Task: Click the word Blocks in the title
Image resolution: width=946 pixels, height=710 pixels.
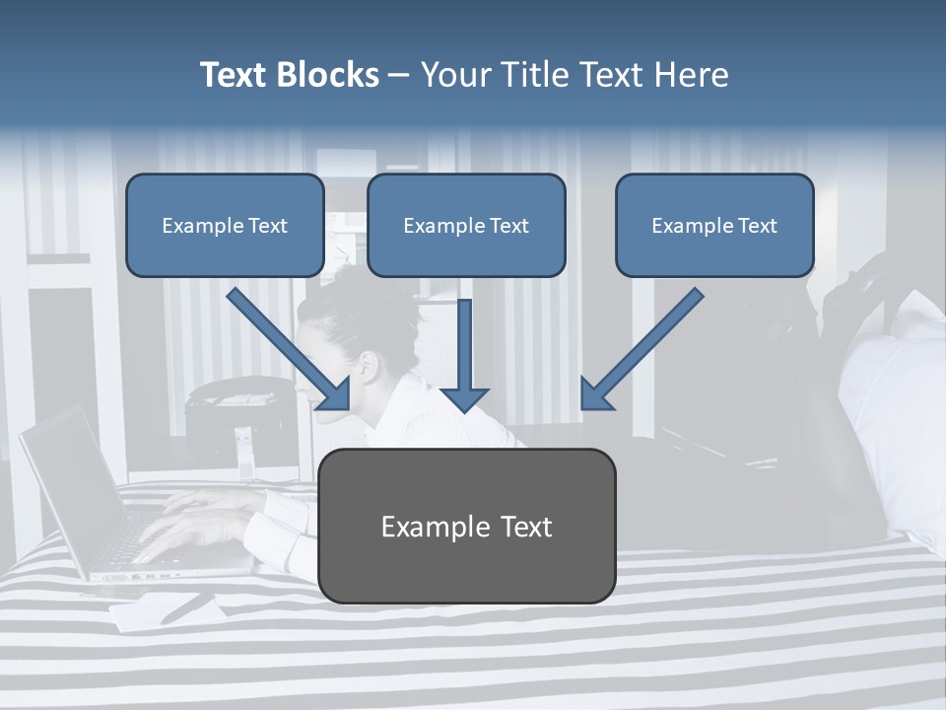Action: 327,75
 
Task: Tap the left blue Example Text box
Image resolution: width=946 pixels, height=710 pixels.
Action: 225,226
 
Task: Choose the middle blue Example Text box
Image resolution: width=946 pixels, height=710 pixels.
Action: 466,226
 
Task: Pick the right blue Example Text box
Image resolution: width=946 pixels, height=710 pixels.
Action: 714,226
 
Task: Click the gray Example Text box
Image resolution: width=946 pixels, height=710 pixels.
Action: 466,527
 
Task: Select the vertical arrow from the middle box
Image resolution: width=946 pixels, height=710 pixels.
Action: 464,355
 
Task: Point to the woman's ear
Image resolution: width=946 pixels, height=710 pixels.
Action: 368,367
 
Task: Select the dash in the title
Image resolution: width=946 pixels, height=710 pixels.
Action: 399,75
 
